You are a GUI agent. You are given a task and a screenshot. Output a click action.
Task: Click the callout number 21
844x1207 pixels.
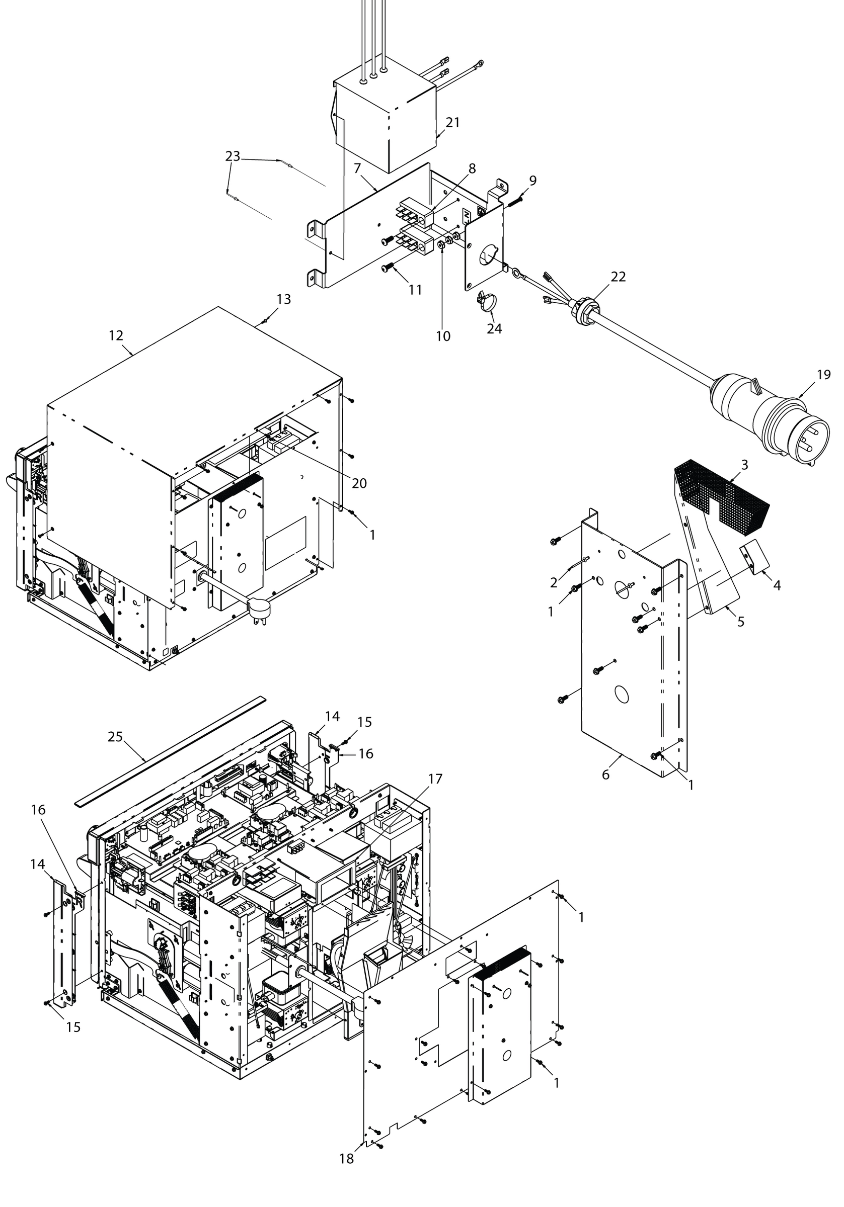pos(452,123)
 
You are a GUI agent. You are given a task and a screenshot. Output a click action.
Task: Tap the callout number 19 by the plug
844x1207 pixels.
pos(823,374)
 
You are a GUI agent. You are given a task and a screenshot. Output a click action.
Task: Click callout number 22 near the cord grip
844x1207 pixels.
pos(618,277)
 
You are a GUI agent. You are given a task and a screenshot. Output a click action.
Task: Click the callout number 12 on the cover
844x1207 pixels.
pos(116,335)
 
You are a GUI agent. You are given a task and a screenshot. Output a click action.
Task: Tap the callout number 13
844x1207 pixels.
pos(284,299)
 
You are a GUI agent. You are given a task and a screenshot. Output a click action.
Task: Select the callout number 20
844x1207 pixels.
pos(359,483)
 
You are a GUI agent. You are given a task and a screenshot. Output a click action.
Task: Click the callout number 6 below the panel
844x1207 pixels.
pos(605,774)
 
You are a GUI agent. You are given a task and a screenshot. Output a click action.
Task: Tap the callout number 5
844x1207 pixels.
pos(740,622)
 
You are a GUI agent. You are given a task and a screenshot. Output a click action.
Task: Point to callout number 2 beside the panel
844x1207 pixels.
pos(554,582)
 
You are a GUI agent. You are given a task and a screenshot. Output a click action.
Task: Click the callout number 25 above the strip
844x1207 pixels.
pos(115,737)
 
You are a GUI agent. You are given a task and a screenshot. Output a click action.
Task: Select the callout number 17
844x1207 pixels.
pos(435,779)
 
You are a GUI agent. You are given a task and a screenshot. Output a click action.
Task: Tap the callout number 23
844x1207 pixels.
pos(233,156)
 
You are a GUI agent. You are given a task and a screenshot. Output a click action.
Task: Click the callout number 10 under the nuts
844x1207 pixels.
pos(443,336)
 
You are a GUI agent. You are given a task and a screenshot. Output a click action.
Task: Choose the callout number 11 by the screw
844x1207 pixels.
pos(415,290)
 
